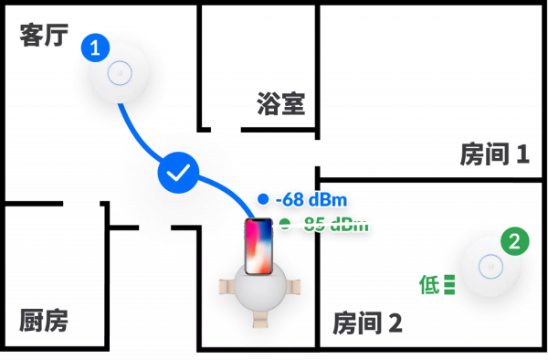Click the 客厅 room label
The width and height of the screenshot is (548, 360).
point(43,35)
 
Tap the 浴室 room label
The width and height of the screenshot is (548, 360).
point(280,103)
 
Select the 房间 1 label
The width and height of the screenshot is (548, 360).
point(494,154)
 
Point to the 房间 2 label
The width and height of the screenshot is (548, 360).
point(367,323)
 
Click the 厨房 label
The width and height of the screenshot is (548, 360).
point(44,320)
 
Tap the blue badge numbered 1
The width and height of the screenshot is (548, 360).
point(94,48)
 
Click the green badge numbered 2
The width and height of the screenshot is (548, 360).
point(514,242)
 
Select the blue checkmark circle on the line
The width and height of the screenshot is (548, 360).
point(179,173)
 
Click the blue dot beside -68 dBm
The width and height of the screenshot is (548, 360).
point(263,199)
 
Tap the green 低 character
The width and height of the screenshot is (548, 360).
point(428,284)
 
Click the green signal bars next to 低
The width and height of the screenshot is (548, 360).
point(448,284)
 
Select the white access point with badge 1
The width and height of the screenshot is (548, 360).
point(121,71)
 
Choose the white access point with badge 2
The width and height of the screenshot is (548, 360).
point(490,267)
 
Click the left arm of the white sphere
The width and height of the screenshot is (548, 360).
point(225,288)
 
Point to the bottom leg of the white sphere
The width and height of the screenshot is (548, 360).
point(261,320)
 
